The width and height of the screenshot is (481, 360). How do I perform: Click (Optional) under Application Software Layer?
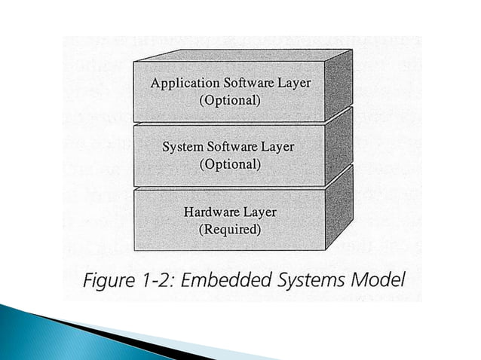tap(229, 100)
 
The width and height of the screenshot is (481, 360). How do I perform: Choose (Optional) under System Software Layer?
tap(229, 164)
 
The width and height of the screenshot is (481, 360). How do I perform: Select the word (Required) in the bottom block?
tap(229, 230)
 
